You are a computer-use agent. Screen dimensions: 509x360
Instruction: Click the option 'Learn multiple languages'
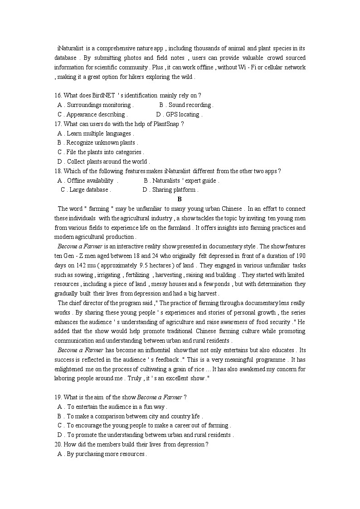[99, 133]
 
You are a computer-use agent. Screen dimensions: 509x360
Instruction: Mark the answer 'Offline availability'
[90, 180]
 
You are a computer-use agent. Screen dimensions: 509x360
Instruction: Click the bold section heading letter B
[180, 199]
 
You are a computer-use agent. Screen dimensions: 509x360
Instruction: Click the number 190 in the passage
[300, 256]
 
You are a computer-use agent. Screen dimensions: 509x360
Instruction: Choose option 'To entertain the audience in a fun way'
[117, 407]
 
